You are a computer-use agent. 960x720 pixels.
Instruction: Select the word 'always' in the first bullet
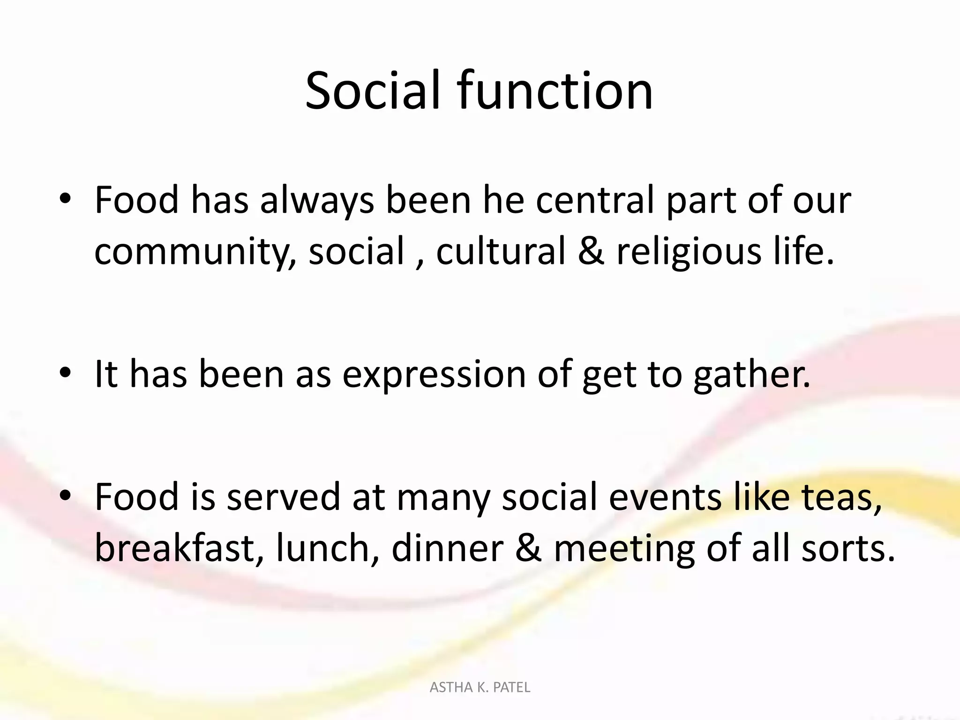click(x=317, y=201)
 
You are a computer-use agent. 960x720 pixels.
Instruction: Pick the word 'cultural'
click(x=501, y=251)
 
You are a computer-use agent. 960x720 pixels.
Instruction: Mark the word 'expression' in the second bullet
click(x=434, y=375)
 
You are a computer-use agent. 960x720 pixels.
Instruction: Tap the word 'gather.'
click(x=752, y=375)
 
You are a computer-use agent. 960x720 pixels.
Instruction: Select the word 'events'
click(x=665, y=497)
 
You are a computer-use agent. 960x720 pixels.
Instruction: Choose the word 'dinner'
click(x=447, y=548)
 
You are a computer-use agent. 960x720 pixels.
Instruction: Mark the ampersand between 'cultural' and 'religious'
click(x=591, y=251)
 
